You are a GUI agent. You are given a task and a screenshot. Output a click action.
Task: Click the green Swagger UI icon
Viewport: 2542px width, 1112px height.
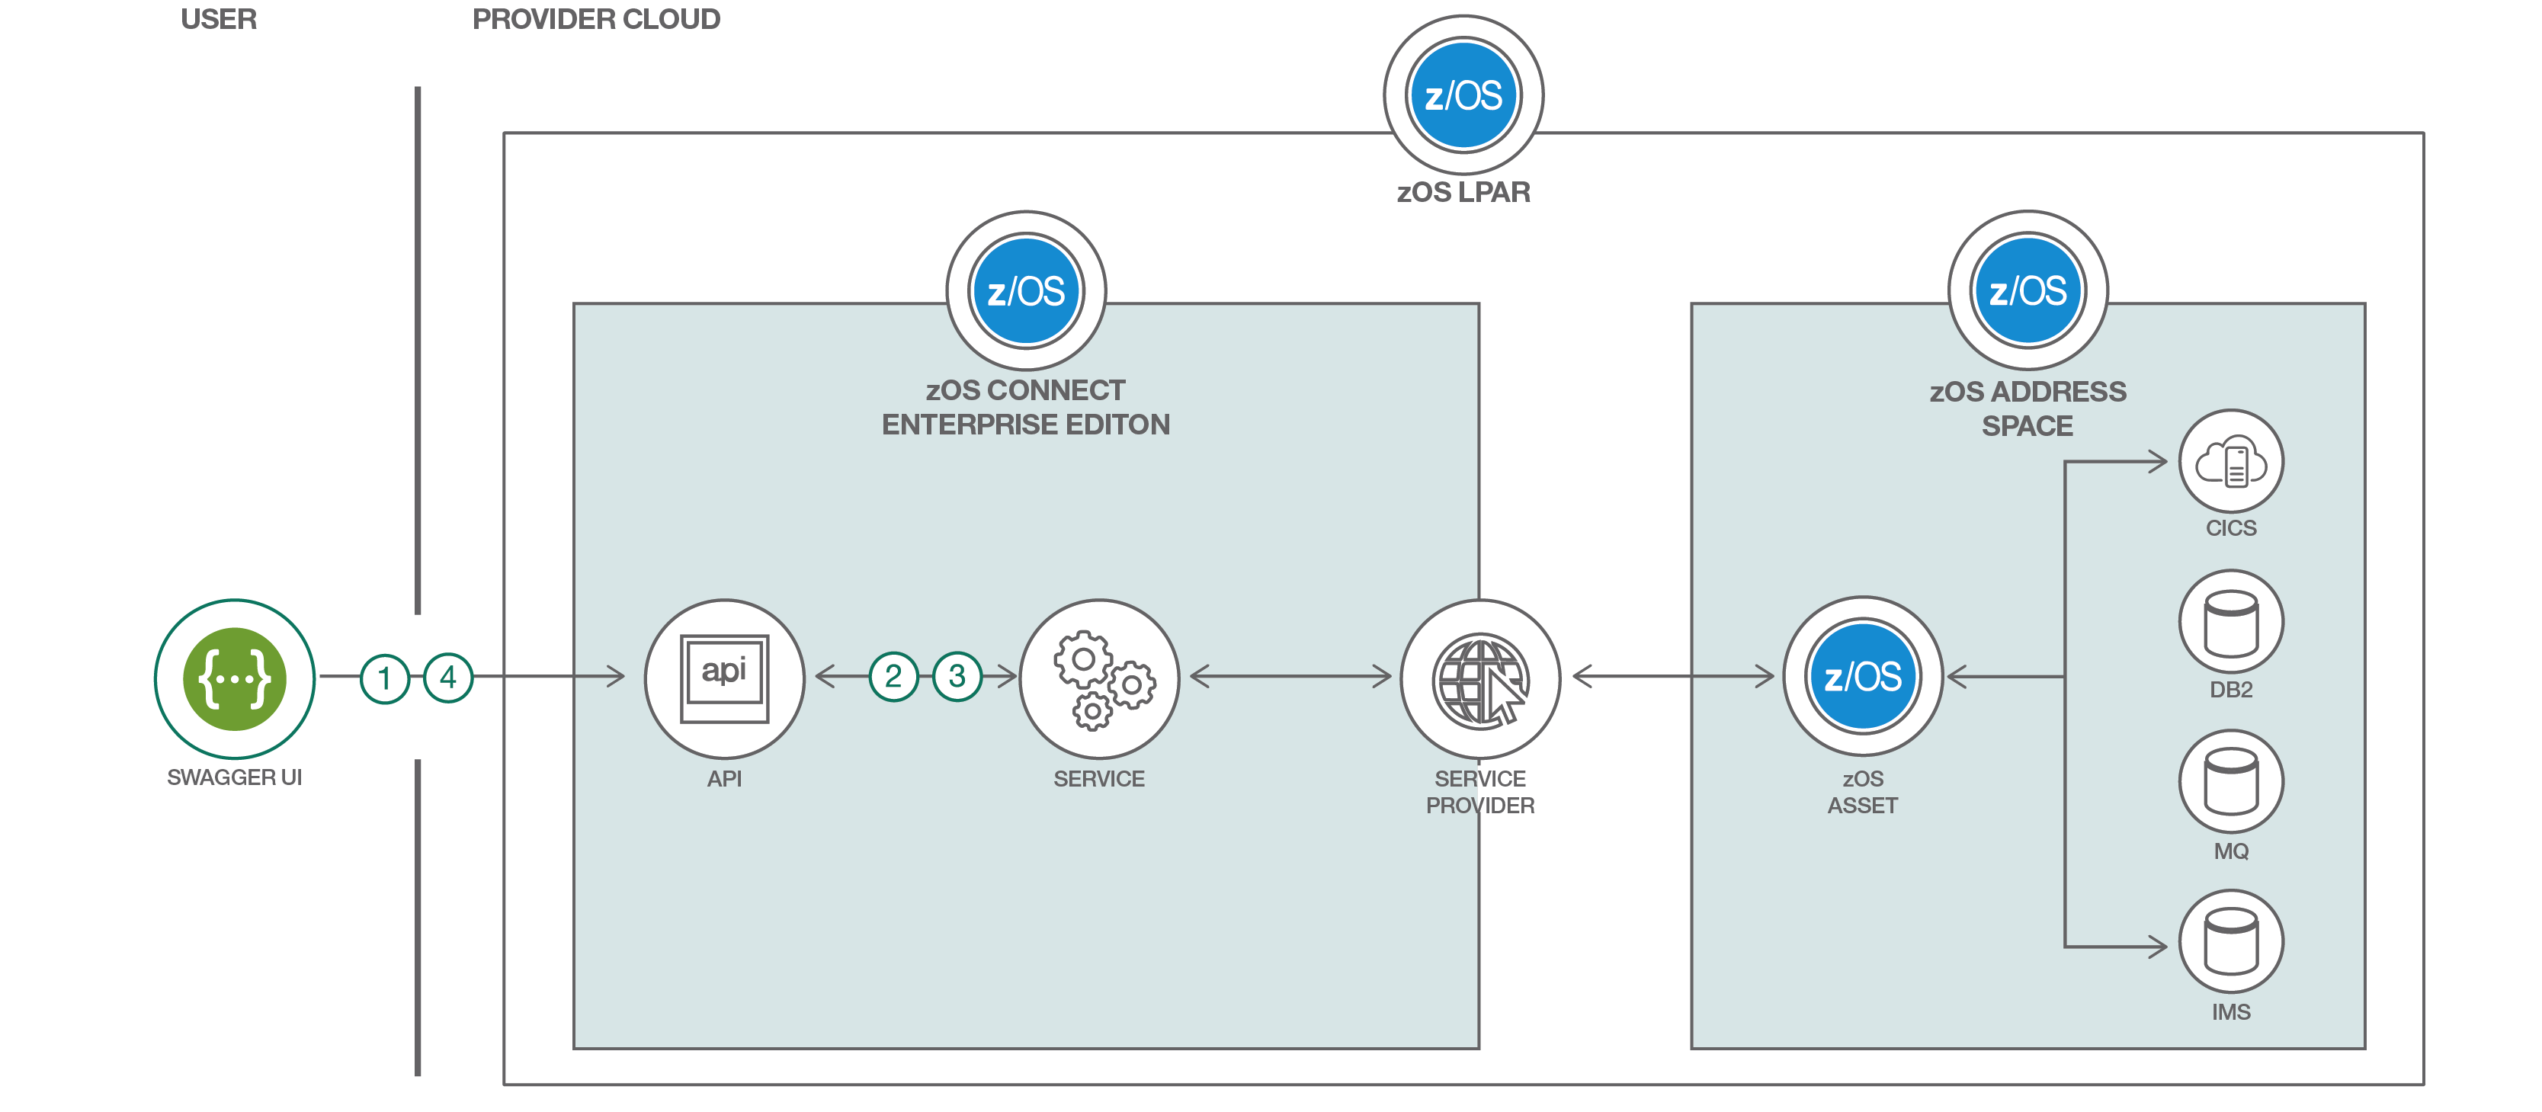[235, 679]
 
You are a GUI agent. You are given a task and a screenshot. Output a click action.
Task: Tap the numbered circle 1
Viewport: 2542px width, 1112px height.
[385, 678]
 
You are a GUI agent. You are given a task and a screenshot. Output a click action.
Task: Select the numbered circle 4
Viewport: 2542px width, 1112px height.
[448, 678]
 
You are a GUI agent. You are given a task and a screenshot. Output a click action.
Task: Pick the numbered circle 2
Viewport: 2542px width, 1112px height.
[893, 677]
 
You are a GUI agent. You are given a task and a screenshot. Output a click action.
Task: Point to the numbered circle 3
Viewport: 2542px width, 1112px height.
[957, 677]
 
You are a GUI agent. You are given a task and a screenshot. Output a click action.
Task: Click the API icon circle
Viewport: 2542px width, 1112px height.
[724, 679]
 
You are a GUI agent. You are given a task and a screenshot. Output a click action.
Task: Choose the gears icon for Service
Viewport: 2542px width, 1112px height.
[1099, 679]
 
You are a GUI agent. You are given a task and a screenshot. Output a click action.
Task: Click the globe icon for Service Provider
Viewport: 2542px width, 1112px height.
[1480, 679]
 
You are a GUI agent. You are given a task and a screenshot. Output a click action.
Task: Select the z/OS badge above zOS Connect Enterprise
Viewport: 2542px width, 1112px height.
[1026, 291]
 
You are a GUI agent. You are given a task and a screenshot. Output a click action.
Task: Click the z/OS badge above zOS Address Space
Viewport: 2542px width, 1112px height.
[2028, 291]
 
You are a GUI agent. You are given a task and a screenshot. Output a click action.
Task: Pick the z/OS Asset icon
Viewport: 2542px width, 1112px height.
[1863, 677]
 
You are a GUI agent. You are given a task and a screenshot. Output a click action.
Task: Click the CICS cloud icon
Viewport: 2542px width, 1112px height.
[2231, 462]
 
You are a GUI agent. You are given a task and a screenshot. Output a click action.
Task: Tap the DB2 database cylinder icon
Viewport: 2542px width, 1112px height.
[2231, 623]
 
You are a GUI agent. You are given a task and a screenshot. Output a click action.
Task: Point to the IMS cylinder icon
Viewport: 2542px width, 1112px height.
[2231, 942]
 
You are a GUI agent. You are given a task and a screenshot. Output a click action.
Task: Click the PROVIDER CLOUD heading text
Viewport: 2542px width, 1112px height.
[596, 20]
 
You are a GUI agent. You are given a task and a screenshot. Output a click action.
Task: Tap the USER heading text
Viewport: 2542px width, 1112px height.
[218, 20]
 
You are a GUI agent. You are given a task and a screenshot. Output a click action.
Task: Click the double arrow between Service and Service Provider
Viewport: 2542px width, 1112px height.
[1290, 677]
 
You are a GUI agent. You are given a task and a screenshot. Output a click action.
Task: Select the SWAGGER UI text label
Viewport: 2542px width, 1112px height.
[234, 777]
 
